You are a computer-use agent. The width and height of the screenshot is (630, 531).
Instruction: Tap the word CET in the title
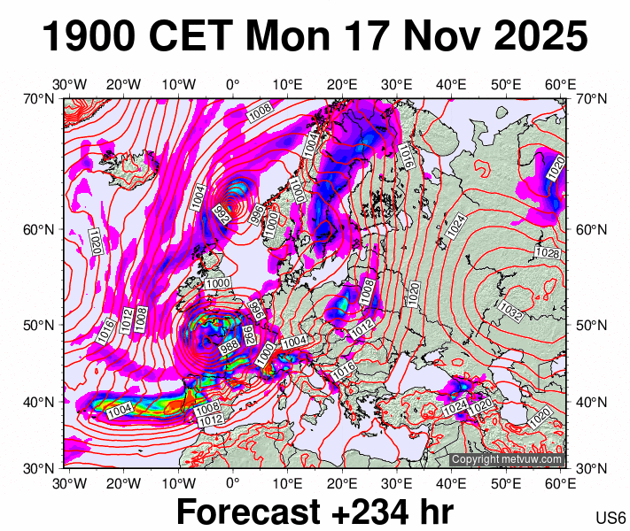pyautogui.click(x=191, y=37)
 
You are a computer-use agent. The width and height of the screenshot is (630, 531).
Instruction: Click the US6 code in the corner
pyautogui.click(x=612, y=518)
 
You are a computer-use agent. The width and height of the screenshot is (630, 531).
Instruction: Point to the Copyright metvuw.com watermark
pyautogui.click(x=506, y=459)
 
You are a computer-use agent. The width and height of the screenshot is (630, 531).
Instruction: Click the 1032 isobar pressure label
pyautogui.click(x=510, y=311)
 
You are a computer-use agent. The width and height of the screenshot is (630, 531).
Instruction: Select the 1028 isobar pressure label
pyautogui.click(x=547, y=254)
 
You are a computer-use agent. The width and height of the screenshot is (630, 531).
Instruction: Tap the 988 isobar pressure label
pyautogui.click(x=229, y=343)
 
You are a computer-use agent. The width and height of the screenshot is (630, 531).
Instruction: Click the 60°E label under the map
pyautogui.click(x=560, y=483)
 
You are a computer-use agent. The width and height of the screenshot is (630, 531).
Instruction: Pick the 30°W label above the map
pyautogui.click(x=69, y=85)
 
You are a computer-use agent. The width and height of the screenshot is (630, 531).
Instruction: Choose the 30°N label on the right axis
pyautogui.click(x=589, y=468)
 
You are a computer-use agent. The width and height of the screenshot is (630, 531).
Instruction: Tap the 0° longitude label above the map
pyautogui.click(x=232, y=85)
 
